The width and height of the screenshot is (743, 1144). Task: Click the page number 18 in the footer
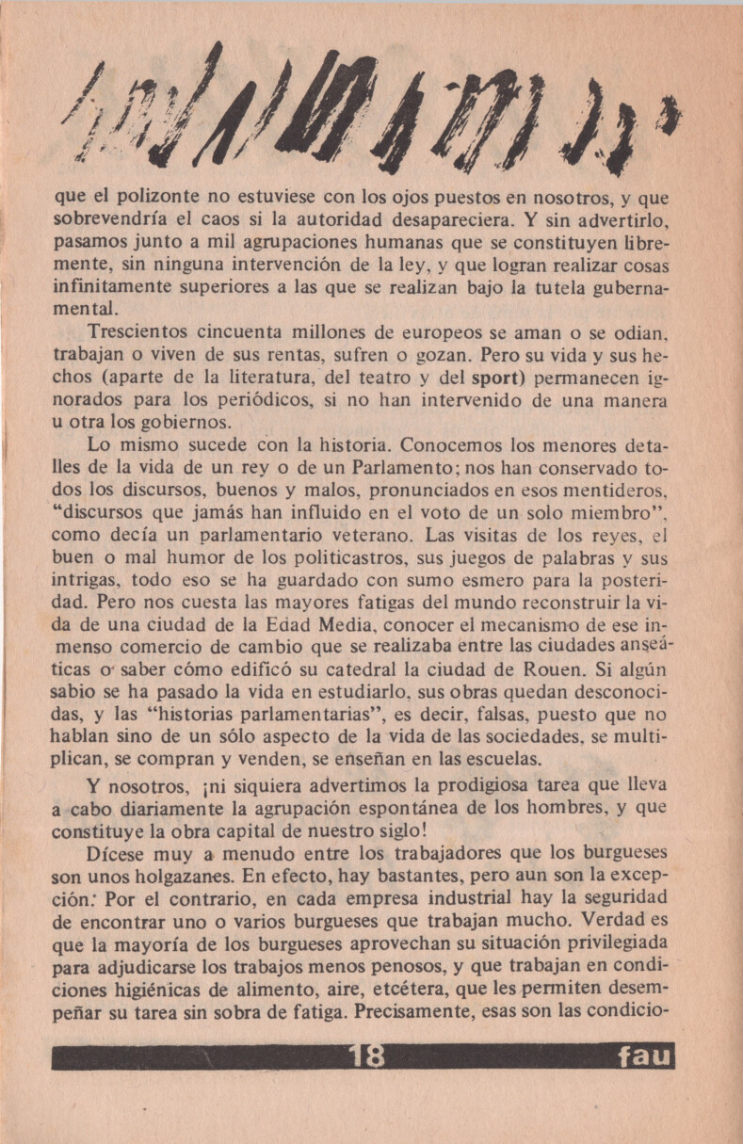tap(366, 1056)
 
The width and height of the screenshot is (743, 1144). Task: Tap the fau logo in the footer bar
tap(645, 1057)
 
